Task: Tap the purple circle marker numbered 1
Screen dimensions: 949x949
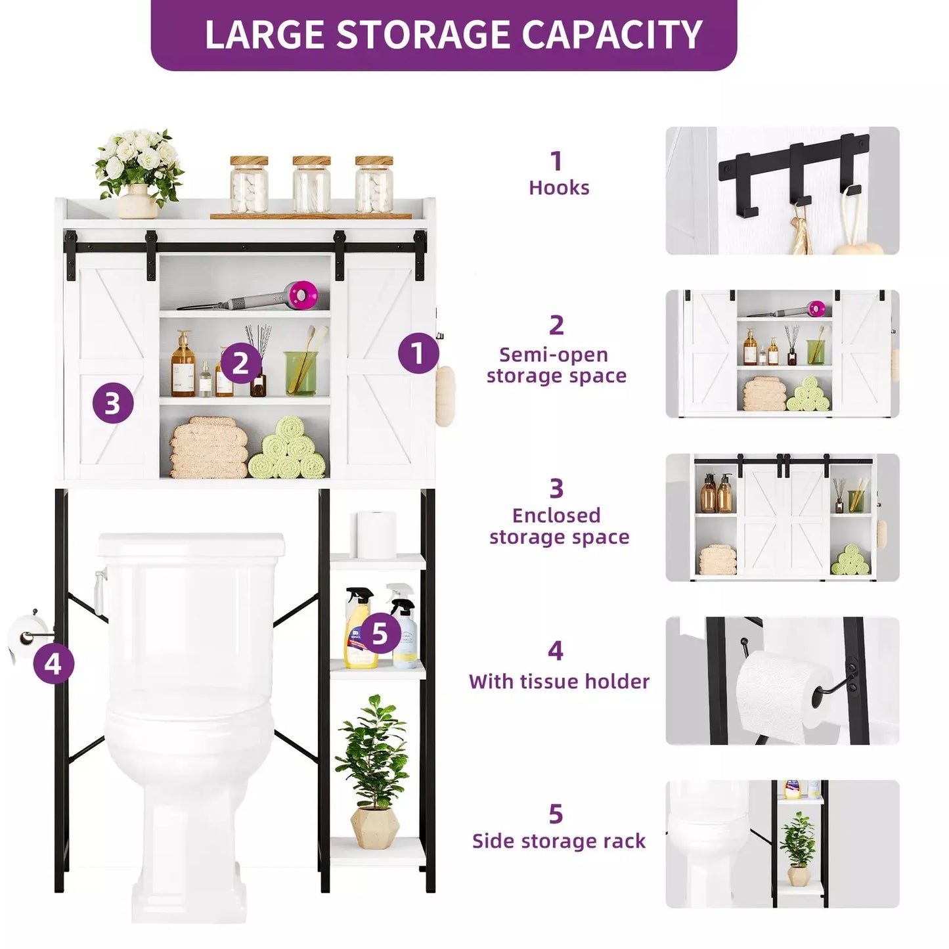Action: [x=418, y=353]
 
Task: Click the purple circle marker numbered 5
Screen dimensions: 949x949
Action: [x=380, y=634]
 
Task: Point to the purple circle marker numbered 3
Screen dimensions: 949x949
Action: [x=112, y=403]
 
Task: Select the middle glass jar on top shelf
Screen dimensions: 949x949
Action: [x=311, y=185]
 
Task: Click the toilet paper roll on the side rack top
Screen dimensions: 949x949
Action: [x=376, y=533]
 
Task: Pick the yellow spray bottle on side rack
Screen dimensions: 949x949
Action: [x=359, y=629]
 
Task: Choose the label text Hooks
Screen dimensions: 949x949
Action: [x=559, y=188]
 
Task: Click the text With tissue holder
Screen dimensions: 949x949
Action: [x=559, y=681]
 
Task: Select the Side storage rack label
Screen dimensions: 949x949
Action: [x=559, y=841]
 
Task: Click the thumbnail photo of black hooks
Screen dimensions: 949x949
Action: [x=782, y=190]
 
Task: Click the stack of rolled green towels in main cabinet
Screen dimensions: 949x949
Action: [x=288, y=449]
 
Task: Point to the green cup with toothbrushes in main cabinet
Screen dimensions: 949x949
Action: [x=301, y=372]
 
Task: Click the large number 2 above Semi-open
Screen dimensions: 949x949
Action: [x=556, y=325]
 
